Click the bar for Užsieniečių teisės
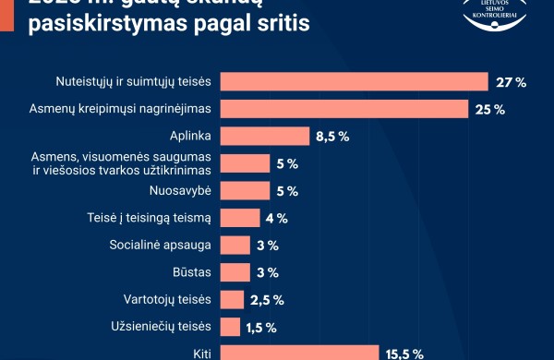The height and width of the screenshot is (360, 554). pos(231,327)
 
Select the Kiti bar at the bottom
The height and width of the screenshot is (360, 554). pos(300,352)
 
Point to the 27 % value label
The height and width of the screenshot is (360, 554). pos(511,83)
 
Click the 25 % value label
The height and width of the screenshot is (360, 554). pos(490,110)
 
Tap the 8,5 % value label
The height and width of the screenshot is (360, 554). pos(332,137)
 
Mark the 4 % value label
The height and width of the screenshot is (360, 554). pos(277,219)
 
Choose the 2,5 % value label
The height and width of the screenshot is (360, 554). pos(266,300)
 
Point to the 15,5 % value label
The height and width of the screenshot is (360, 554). pos(404,353)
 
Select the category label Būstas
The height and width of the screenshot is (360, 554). pos(194,272)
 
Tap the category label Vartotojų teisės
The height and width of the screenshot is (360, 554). pos(168,299)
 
